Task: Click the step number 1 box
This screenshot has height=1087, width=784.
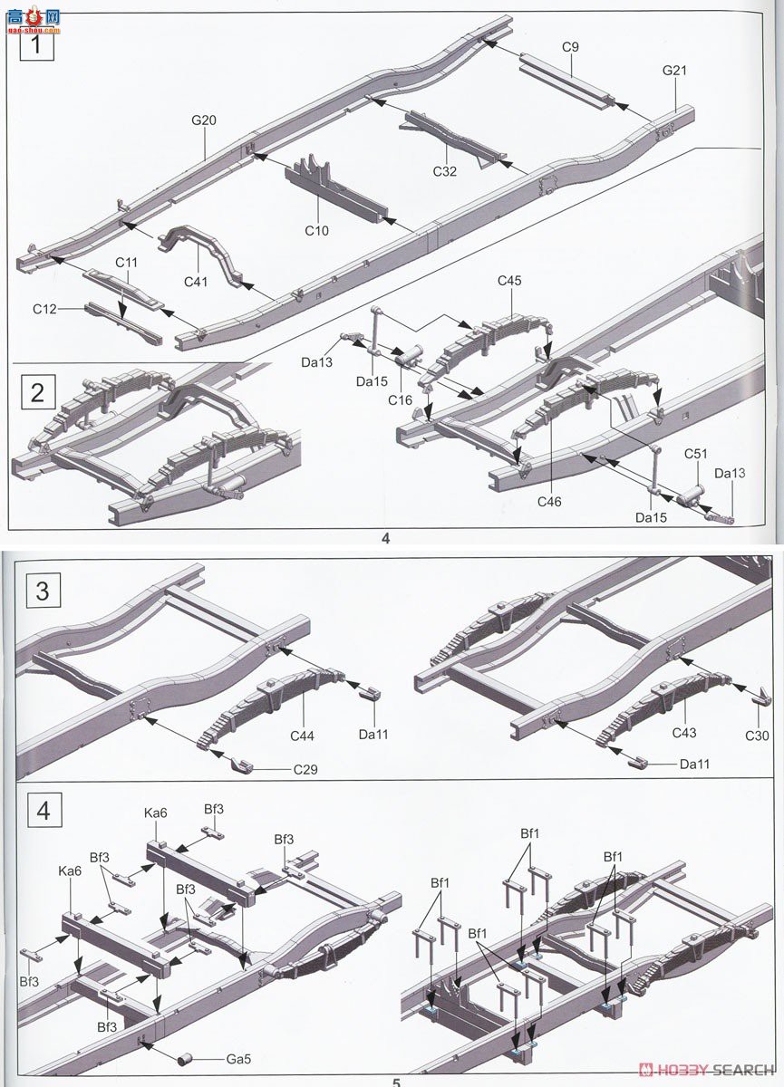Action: [37, 44]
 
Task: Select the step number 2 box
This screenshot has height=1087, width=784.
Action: [37, 392]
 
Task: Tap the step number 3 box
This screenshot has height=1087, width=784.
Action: [43, 591]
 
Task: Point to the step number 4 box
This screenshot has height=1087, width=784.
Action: [43, 810]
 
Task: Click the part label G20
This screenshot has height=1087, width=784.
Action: [203, 120]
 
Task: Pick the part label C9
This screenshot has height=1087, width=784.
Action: [570, 47]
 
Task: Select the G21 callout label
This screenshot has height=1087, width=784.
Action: [676, 71]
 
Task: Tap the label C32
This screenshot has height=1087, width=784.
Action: [445, 170]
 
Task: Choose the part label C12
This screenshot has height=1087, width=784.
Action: [45, 309]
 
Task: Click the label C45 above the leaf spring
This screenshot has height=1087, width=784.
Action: [509, 281]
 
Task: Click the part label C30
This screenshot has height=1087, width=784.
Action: [757, 736]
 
